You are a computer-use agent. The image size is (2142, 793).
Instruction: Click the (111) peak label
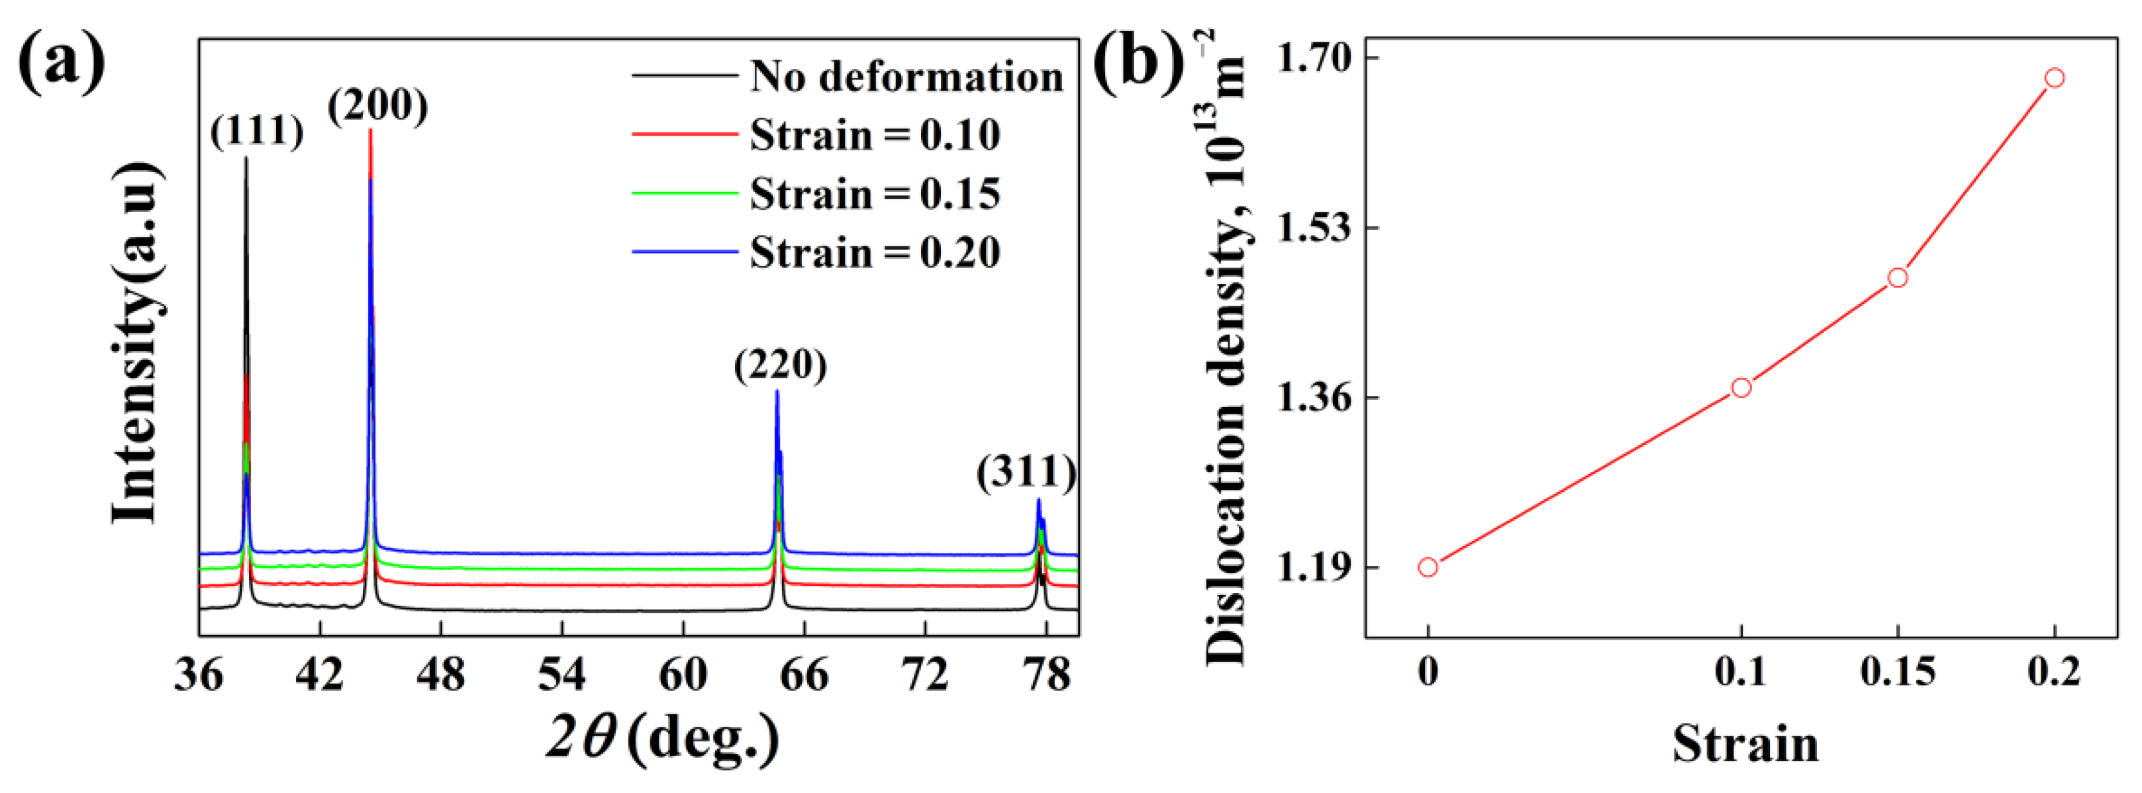(257, 131)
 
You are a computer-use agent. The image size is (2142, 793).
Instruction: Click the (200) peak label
(377, 105)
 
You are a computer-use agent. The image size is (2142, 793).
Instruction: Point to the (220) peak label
(780, 365)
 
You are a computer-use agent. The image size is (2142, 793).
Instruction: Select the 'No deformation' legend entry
(906, 77)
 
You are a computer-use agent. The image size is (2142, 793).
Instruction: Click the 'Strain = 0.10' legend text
(875, 134)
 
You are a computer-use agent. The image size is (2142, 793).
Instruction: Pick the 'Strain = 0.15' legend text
(875, 194)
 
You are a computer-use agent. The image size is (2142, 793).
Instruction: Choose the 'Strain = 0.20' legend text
(875, 252)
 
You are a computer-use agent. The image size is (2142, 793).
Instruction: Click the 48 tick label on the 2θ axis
(441, 674)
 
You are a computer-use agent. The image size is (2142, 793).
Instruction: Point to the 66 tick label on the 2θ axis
(804, 674)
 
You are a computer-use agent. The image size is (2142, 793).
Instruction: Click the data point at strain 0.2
(2054, 78)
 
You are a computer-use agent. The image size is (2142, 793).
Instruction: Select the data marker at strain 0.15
(1898, 277)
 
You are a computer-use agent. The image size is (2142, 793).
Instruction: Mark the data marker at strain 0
(1428, 567)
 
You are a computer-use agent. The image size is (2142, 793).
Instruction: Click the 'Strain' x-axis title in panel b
(1745, 743)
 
